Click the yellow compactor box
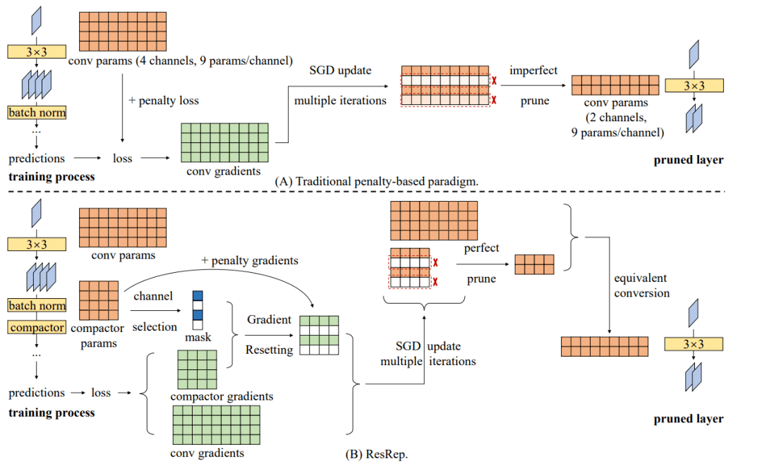(x=37, y=328)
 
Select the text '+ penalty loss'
(x=163, y=100)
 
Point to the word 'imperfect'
(x=533, y=70)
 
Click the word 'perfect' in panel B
(x=482, y=248)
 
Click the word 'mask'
(x=198, y=337)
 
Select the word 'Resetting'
(x=269, y=350)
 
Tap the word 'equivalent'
(x=641, y=278)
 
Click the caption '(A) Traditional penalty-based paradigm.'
(x=377, y=180)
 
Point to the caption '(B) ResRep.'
(x=377, y=454)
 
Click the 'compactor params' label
(x=98, y=336)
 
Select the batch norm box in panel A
(x=37, y=113)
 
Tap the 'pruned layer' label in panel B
(x=688, y=419)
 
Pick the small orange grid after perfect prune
(x=534, y=264)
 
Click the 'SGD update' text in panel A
(x=340, y=70)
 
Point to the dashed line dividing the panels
(x=381, y=191)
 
